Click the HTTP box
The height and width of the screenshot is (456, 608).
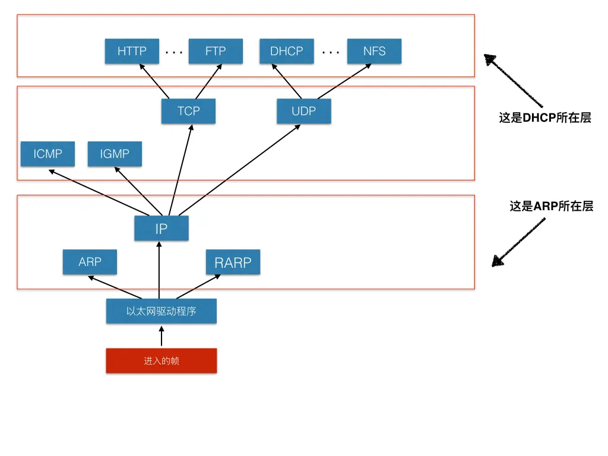click(132, 51)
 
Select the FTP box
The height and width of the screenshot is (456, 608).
click(216, 51)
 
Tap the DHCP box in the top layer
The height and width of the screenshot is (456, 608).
click(287, 51)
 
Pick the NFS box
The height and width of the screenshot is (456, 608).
click(374, 51)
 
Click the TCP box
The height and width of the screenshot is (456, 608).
click(188, 111)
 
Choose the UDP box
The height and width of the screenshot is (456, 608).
click(303, 111)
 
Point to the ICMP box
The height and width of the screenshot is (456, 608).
click(47, 154)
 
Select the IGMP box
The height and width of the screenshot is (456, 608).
click(115, 154)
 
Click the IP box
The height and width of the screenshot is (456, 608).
click(161, 228)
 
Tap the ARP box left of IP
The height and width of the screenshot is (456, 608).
click(90, 262)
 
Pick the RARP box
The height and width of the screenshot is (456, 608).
click(233, 262)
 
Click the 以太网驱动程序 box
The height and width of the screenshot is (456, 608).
click(161, 311)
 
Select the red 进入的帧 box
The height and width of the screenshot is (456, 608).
click(161, 360)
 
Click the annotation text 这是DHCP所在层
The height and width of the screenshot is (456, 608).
click(545, 118)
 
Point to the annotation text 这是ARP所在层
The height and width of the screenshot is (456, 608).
click(551, 206)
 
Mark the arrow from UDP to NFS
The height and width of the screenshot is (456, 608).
click(344, 82)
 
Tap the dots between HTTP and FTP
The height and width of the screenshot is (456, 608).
click(174, 52)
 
